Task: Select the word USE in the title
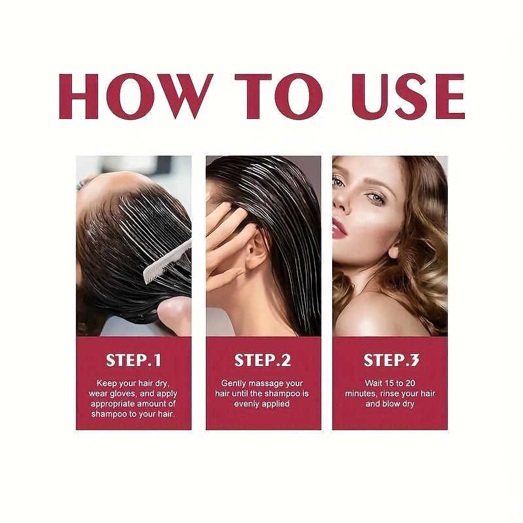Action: pyautogui.click(x=405, y=96)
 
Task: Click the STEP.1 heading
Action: pyautogui.click(x=133, y=360)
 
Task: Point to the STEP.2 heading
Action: pyautogui.click(x=262, y=360)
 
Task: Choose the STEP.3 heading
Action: pyautogui.click(x=390, y=360)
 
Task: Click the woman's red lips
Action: pyautogui.click(x=339, y=228)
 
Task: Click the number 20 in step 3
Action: pyautogui.click(x=412, y=383)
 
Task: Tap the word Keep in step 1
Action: pyautogui.click(x=107, y=383)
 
